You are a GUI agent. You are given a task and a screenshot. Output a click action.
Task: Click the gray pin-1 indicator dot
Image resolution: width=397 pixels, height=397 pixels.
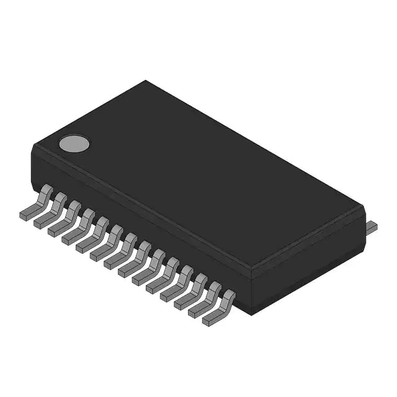click(x=74, y=144)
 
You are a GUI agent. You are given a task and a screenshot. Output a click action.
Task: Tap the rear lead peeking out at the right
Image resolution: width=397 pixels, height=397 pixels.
click(x=370, y=226)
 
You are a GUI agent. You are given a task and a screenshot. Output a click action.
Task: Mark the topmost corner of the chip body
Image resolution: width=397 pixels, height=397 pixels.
click(x=146, y=81)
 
